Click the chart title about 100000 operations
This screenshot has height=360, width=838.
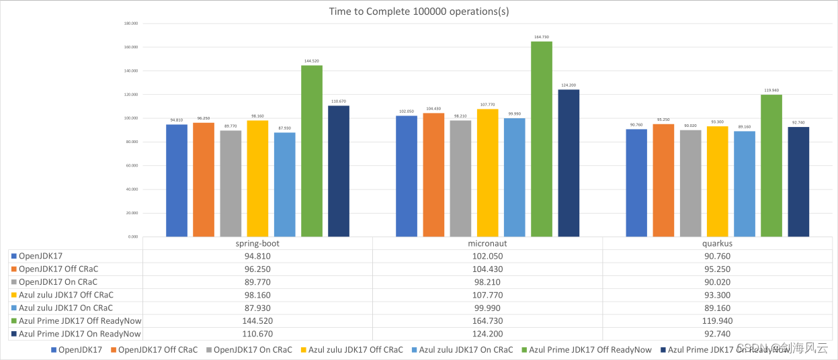pyautogui.click(x=419, y=11)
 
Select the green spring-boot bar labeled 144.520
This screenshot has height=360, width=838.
pyautogui.click(x=312, y=151)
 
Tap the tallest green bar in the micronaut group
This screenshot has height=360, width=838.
pyautogui.click(x=542, y=139)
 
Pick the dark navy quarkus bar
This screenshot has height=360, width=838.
pyautogui.click(x=798, y=182)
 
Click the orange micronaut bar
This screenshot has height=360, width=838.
pyautogui.click(x=433, y=175)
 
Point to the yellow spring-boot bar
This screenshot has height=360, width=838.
pyautogui.click(x=257, y=179)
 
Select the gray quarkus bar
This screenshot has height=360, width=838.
pyautogui.click(x=690, y=183)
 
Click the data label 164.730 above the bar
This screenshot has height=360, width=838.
pyautogui.click(x=542, y=37)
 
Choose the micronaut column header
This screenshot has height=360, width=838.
pyautogui.click(x=487, y=244)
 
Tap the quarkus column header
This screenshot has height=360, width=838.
pyautogui.click(x=718, y=244)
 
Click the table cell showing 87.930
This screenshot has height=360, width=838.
pyautogui.click(x=257, y=308)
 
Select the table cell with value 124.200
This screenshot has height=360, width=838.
pyautogui.click(x=487, y=334)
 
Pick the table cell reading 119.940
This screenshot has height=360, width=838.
pyautogui.click(x=718, y=321)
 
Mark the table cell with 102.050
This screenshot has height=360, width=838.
pyautogui.click(x=487, y=256)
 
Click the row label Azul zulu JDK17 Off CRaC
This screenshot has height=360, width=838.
pyautogui.click(x=66, y=295)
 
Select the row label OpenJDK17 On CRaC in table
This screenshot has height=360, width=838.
pyautogui.click(x=58, y=282)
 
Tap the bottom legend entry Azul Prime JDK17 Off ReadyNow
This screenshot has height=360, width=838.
pyautogui.click(x=590, y=350)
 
